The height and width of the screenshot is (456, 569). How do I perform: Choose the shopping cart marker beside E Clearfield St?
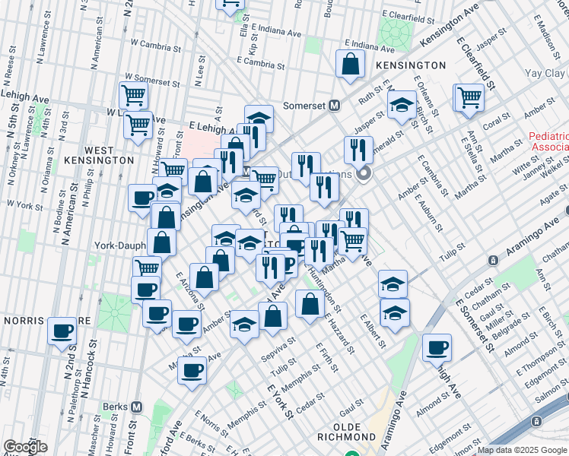click(469, 97)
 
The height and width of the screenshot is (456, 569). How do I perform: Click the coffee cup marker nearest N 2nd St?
click(62, 331)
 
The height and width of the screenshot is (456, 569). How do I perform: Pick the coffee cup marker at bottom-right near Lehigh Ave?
click(437, 347)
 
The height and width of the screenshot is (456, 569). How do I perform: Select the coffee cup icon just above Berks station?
click(192, 371)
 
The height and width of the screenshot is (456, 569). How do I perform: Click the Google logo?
click(25, 447)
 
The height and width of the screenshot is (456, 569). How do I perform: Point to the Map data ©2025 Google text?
click(522, 450)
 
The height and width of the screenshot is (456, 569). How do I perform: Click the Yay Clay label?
click(546, 74)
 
